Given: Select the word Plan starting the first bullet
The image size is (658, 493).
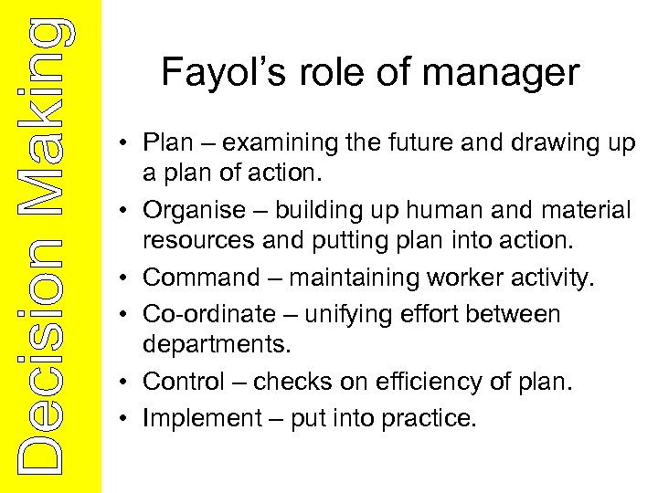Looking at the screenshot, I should (x=166, y=143).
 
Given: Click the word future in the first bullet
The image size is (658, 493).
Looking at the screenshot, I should (x=440, y=143).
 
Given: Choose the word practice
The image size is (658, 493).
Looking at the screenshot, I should (x=430, y=417).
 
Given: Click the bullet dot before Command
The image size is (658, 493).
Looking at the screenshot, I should (x=131, y=278).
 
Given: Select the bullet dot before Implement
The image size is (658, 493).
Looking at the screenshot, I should (x=131, y=418).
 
